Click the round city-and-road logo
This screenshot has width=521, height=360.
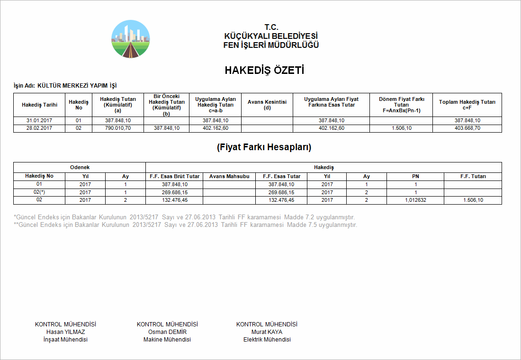click(131, 39)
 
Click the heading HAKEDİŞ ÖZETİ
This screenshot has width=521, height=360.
click(264, 71)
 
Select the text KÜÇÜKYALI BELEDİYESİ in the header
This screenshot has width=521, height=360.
click(271, 36)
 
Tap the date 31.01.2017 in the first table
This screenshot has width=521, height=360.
click(39, 121)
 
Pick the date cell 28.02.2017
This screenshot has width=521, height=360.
click(39, 128)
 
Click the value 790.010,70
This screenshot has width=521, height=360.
click(118, 128)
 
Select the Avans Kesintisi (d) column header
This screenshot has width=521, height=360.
click(267, 105)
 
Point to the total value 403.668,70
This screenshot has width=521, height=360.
click(467, 128)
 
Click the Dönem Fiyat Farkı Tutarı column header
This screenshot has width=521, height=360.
click(401, 105)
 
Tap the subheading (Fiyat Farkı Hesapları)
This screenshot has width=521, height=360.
click(264, 147)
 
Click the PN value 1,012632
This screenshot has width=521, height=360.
click(415, 200)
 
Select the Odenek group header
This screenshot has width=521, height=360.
click(80, 167)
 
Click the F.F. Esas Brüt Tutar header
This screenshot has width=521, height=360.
click(175, 176)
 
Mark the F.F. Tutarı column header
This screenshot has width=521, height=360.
click(473, 176)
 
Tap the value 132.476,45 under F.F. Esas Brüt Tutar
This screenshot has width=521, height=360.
click(175, 200)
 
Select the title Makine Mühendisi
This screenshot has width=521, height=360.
click(167, 340)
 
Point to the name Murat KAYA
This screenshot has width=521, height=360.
click(267, 332)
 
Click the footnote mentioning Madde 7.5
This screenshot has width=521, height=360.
click(186, 225)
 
